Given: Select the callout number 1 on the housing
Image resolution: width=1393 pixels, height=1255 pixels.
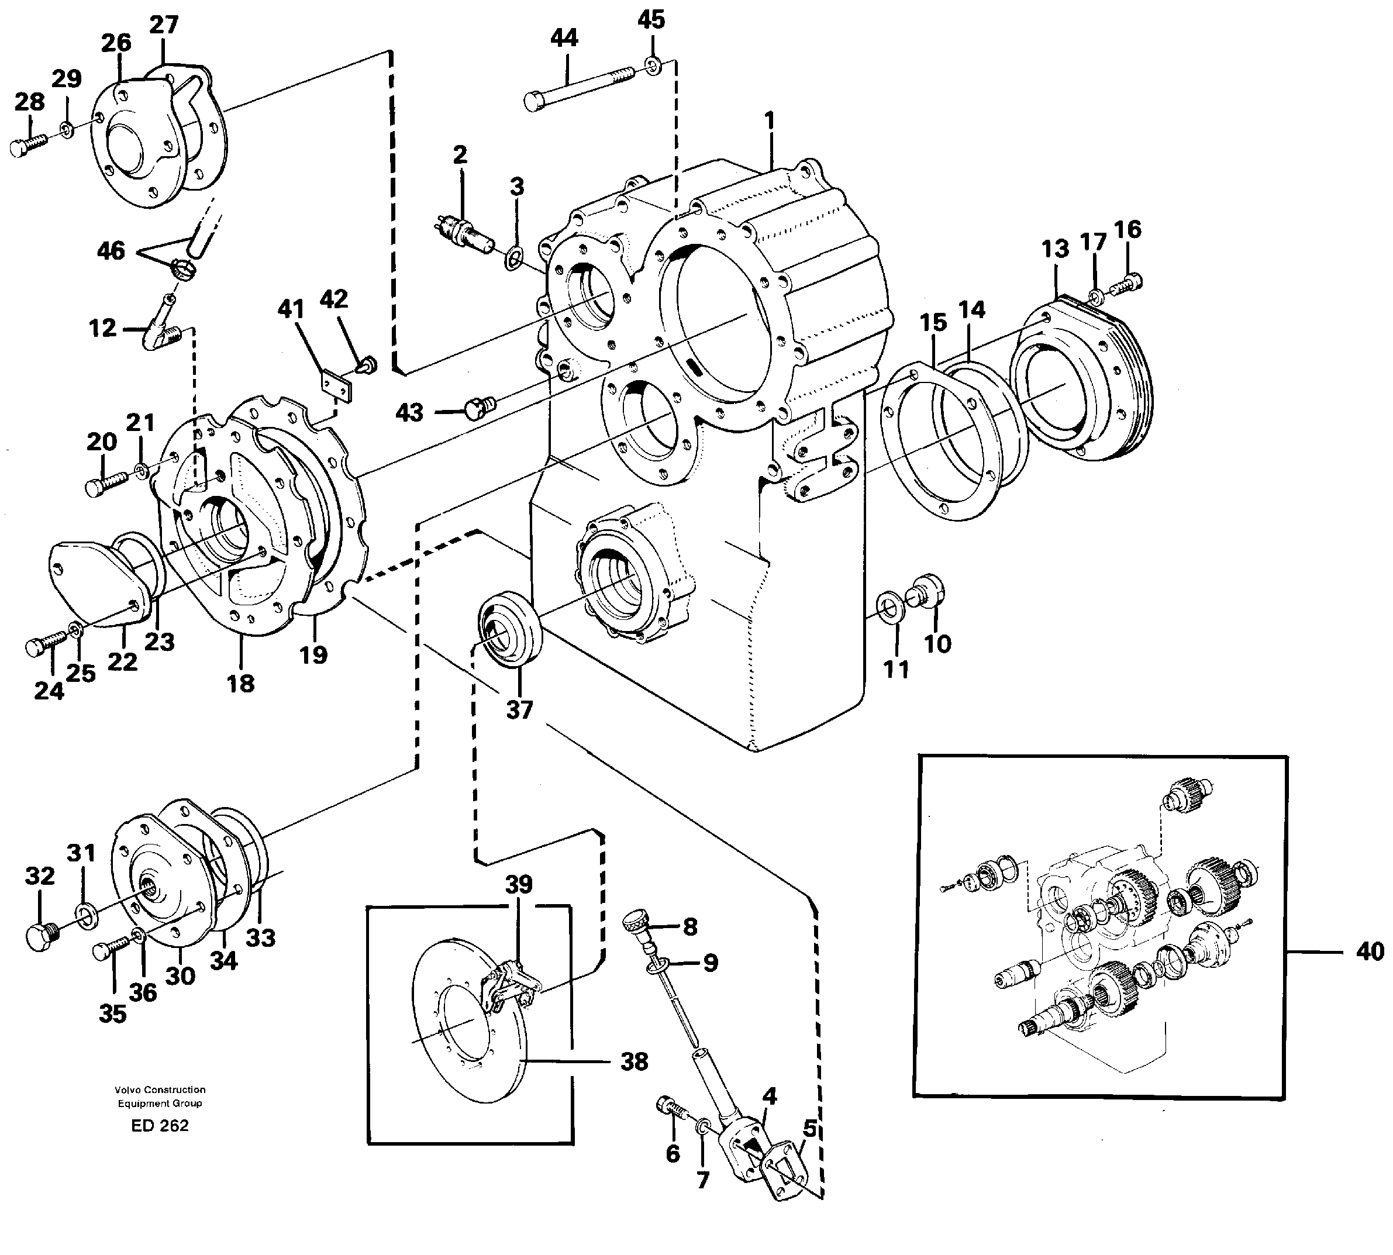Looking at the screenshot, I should tap(770, 122).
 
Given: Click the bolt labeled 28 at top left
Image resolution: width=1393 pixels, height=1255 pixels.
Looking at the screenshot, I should tap(27, 146).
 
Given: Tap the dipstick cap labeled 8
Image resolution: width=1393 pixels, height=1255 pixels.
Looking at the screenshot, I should tap(636, 922).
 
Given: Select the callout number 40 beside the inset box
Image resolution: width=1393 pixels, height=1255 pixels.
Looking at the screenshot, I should tap(1369, 951).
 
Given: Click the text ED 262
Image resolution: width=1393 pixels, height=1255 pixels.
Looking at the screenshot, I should tap(159, 1125).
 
